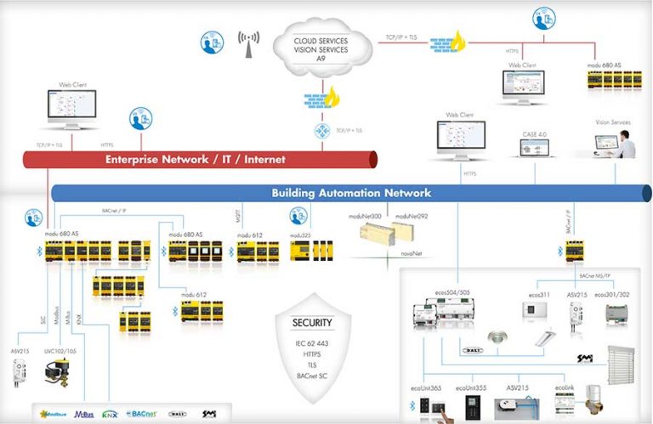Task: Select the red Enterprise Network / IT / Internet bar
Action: [x=196, y=159]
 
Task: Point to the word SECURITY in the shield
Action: [x=312, y=324]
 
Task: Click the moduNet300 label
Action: [x=364, y=218]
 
